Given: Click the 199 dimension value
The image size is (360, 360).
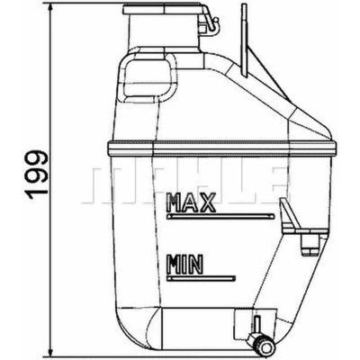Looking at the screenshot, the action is [x=37, y=175].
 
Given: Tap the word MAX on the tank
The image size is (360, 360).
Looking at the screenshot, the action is [x=192, y=202].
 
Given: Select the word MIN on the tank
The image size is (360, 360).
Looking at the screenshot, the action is [x=185, y=265].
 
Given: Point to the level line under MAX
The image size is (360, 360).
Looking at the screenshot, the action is [x=220, y=216].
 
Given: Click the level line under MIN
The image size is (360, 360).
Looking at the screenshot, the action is [x=202, y=279].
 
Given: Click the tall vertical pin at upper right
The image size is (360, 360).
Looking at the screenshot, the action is [x=245, y=40].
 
